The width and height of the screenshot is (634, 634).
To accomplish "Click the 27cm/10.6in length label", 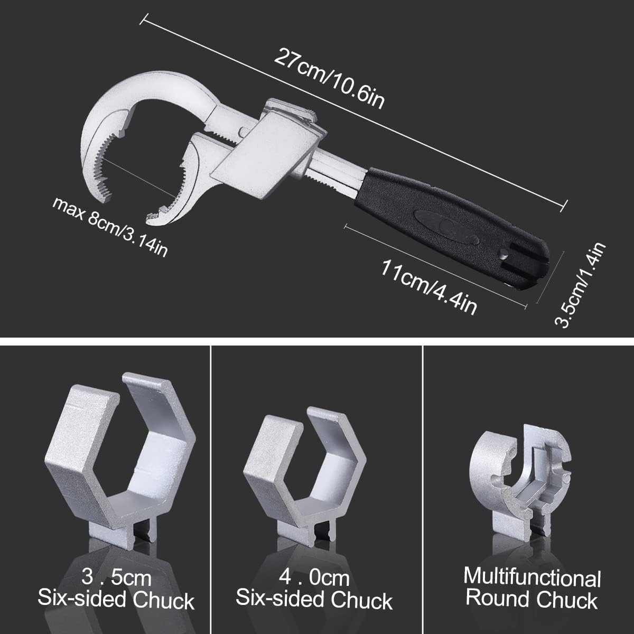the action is coord(329,79).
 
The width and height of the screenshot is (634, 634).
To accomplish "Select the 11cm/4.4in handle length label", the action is coord(428,287).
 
